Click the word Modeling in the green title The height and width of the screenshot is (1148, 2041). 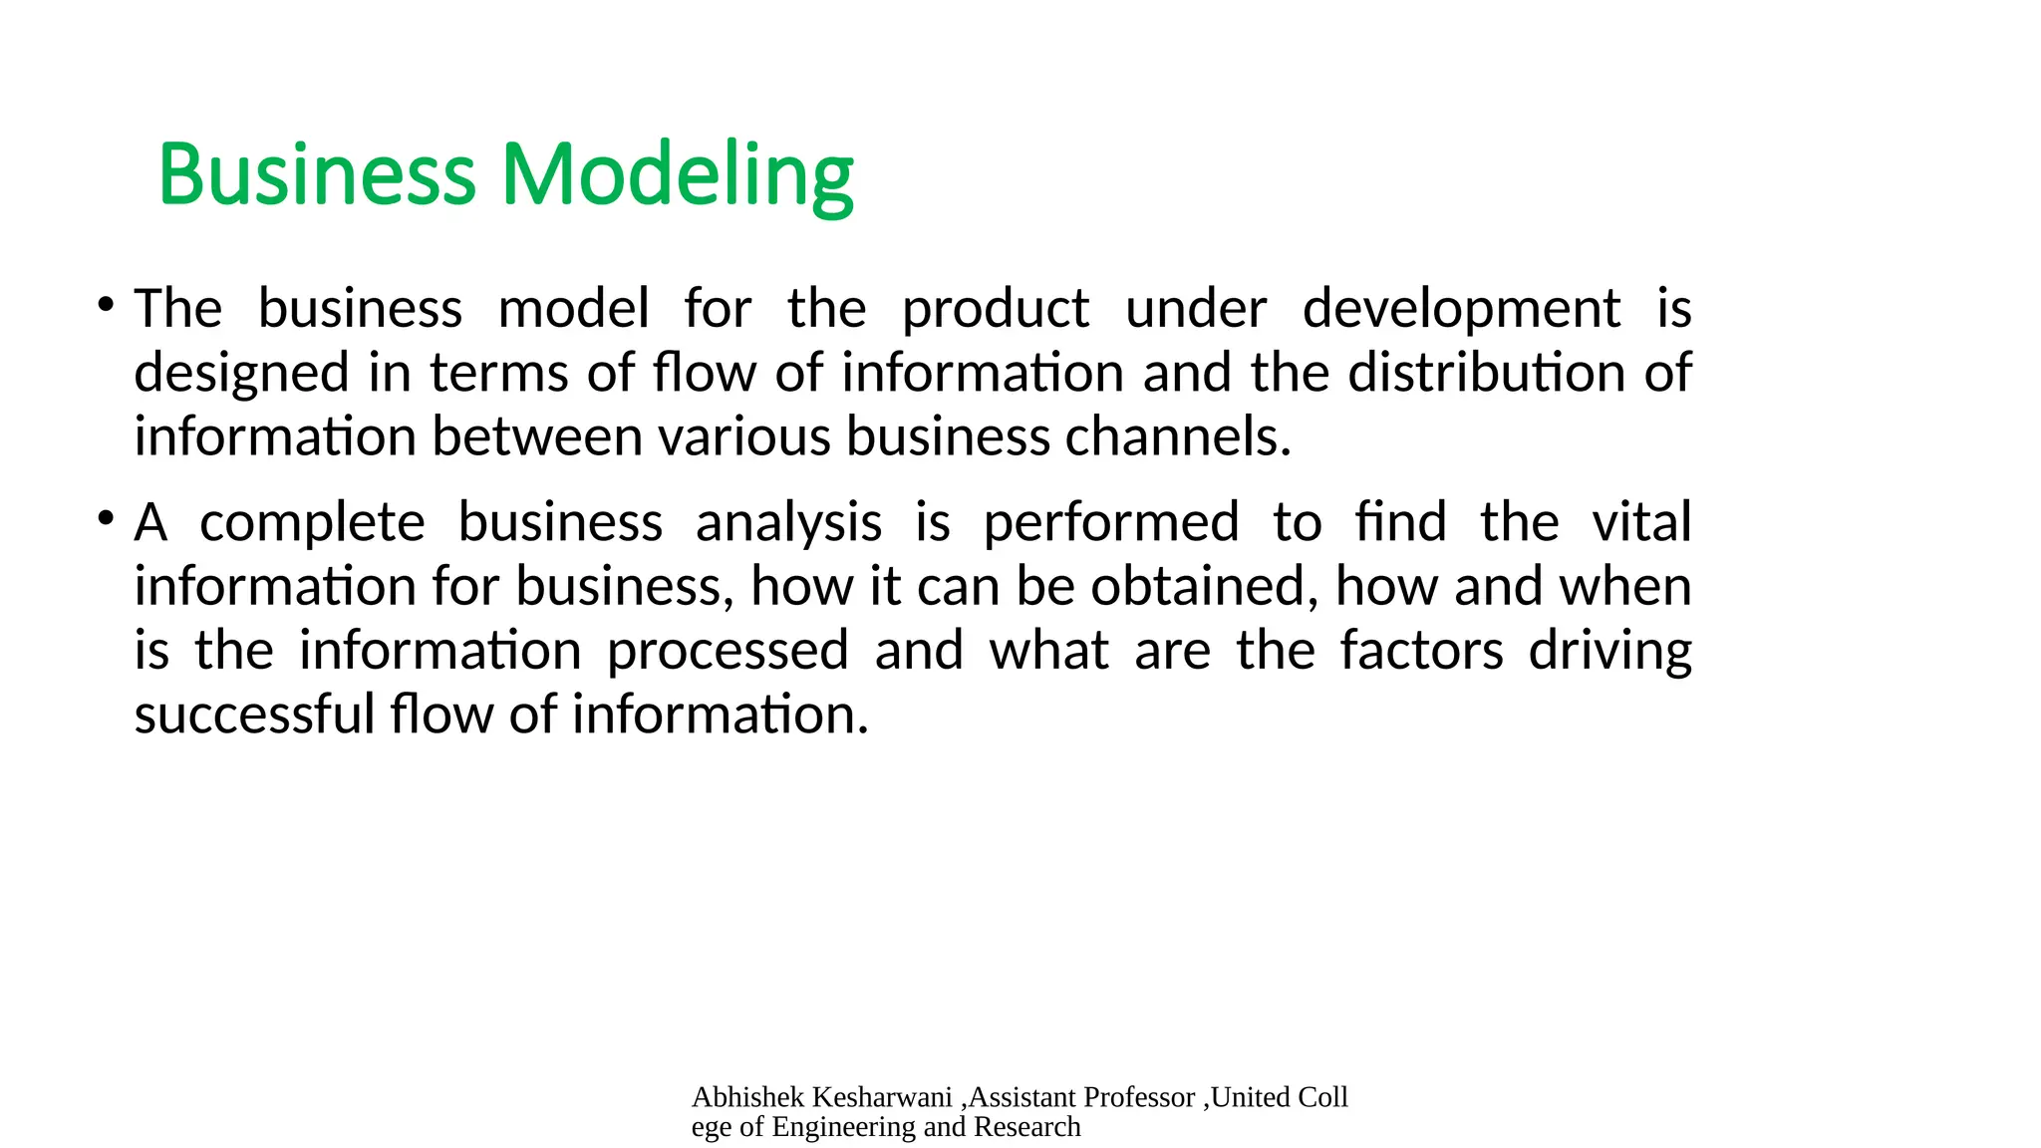[x=678, y=175]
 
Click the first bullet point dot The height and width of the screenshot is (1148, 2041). [x=105, y=303]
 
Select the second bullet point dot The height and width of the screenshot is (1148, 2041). [x=105, y=517]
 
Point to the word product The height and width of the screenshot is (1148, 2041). [x=995, y=309]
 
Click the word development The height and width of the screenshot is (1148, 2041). [x=1461, y=309]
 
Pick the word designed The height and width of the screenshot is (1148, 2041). [x=242, y=374]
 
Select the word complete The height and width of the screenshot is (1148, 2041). [x=312, y=523]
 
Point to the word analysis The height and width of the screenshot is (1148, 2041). [x=788, y=523]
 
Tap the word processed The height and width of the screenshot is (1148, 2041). [x=728, y=651]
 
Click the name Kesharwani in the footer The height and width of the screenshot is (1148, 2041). [x=882, y=1097]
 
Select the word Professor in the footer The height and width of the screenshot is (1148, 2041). [x=1139, y=1097]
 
